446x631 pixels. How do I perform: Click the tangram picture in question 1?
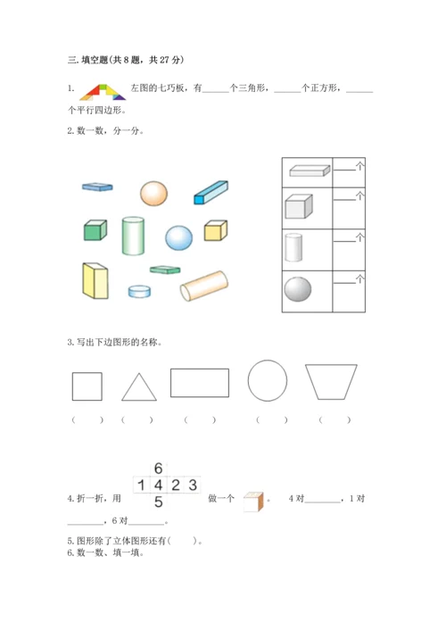coord(103,92)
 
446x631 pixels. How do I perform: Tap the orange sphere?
coord(153,193)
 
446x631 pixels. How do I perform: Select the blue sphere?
coord(178,237)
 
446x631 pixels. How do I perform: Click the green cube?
coord(95,230)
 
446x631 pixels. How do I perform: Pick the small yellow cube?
coord(216,230)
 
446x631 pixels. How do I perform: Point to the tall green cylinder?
coord(133,236)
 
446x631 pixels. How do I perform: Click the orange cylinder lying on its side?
coord(204,286)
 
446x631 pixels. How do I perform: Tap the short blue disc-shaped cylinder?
coord(139,291)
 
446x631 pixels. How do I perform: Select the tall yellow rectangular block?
coord(95,280)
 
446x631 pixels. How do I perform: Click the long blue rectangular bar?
coord(211,193)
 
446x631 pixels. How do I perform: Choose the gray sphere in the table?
coord(298,289)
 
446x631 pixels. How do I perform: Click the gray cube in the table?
coord(299,206)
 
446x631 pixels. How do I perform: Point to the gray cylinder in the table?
coord(293,247)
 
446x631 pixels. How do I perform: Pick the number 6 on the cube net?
coord(159,469)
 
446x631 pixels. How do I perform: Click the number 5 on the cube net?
coord(159,502)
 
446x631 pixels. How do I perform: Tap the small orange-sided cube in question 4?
coord(253,502)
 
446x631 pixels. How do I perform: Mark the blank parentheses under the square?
coord(87,420)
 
